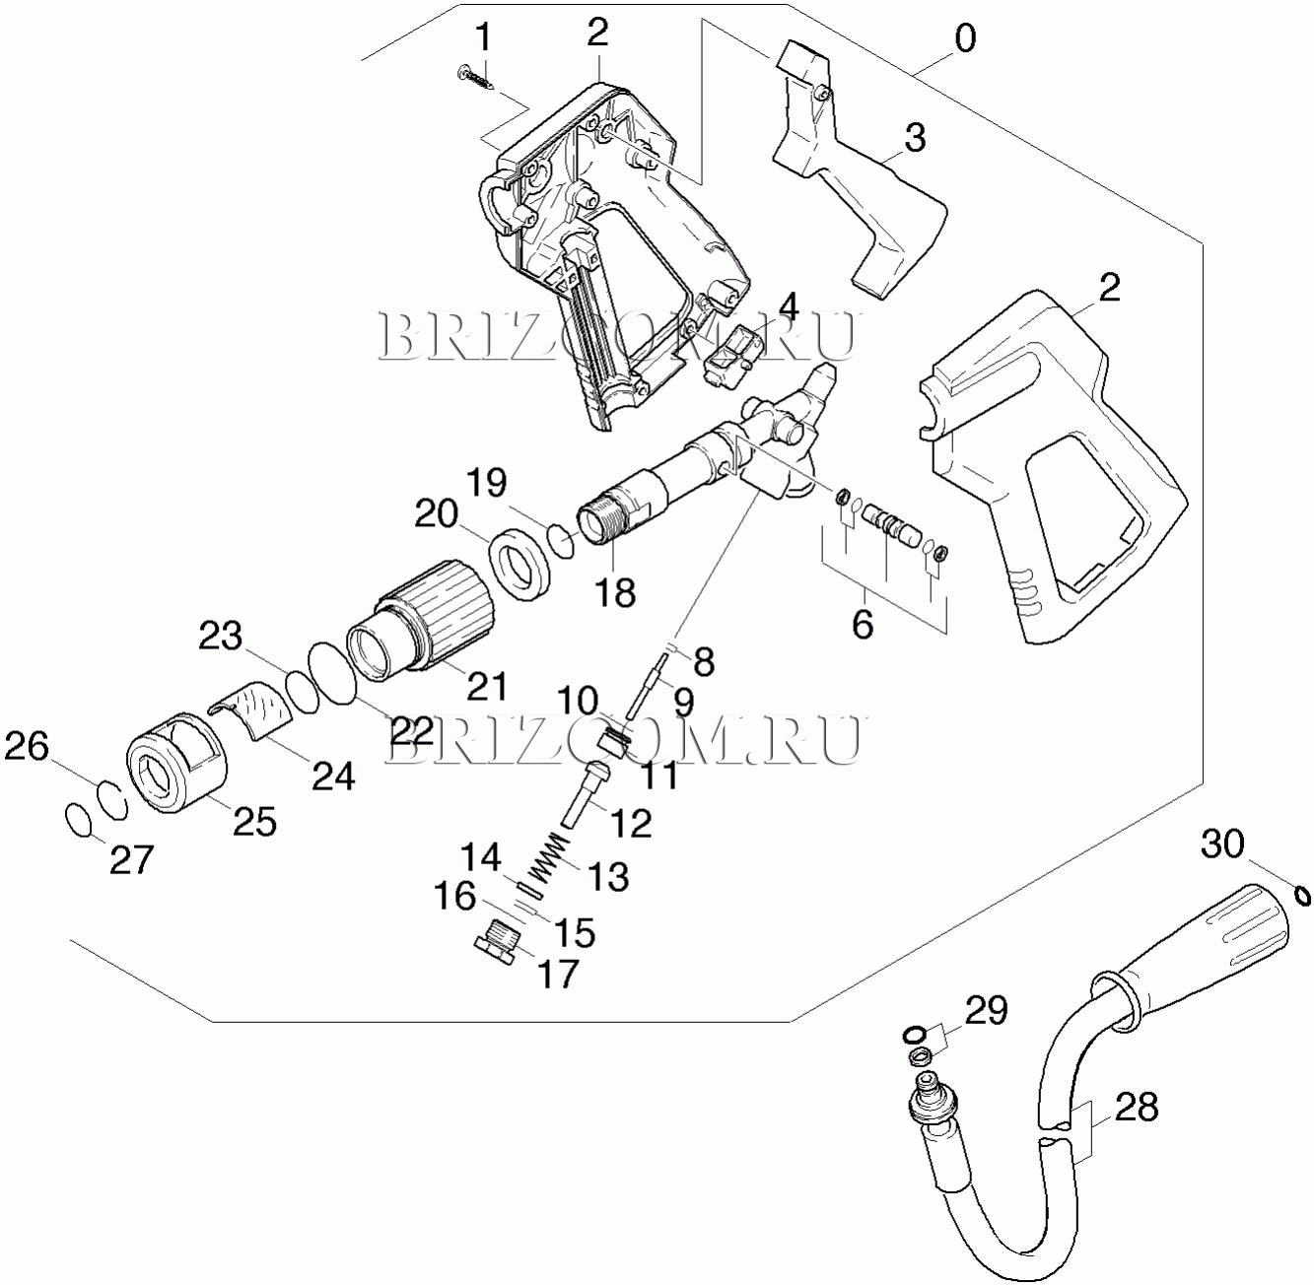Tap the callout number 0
[965, 38]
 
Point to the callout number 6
[863, 624]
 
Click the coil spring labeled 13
[544, 855]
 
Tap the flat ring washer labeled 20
[520, 563]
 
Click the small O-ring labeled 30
[1301, 895]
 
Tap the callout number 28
[1136, 1108]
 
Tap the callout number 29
[986, 1011]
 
